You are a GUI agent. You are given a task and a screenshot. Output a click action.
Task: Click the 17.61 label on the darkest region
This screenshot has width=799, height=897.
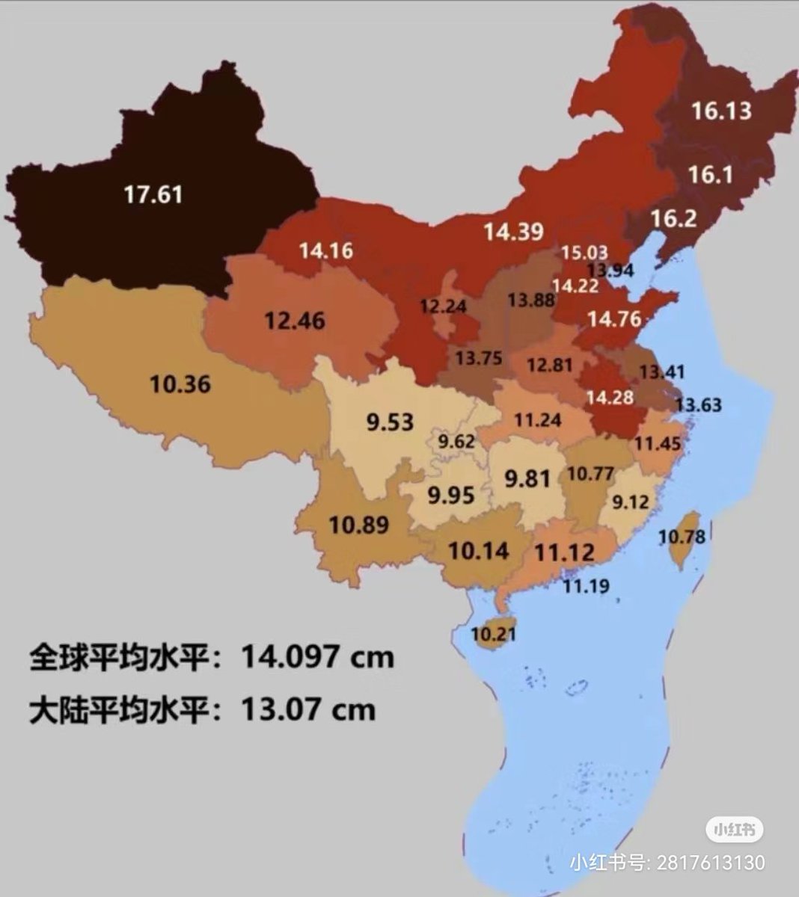(153, 195)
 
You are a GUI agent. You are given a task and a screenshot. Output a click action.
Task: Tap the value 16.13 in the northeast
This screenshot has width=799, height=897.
(720, 111)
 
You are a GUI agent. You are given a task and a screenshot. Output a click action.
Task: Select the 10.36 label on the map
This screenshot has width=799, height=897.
(180, 385)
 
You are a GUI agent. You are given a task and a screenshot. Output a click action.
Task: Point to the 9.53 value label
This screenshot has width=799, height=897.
(389, 422)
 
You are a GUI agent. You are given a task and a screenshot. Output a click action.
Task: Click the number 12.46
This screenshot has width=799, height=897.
(294, 321)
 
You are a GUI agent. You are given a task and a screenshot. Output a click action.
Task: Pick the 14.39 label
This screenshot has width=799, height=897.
(512, 232)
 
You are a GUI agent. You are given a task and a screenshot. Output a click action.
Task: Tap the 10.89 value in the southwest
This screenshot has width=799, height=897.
(359, 525)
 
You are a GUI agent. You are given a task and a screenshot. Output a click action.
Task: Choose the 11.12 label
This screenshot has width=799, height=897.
(565, 553)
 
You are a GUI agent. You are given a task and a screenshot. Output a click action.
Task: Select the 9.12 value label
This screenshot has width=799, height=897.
(630, 502)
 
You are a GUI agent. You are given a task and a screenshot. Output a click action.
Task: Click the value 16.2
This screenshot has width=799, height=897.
(673, 219)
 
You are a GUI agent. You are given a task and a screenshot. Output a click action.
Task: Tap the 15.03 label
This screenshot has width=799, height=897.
(585, 252)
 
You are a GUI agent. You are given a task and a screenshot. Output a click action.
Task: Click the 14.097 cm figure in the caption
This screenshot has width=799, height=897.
(316, 657)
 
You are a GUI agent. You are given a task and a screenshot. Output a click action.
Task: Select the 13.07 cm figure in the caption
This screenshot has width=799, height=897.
(307, 709)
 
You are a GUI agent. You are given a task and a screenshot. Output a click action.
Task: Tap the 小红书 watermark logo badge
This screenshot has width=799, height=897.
(735, 829)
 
